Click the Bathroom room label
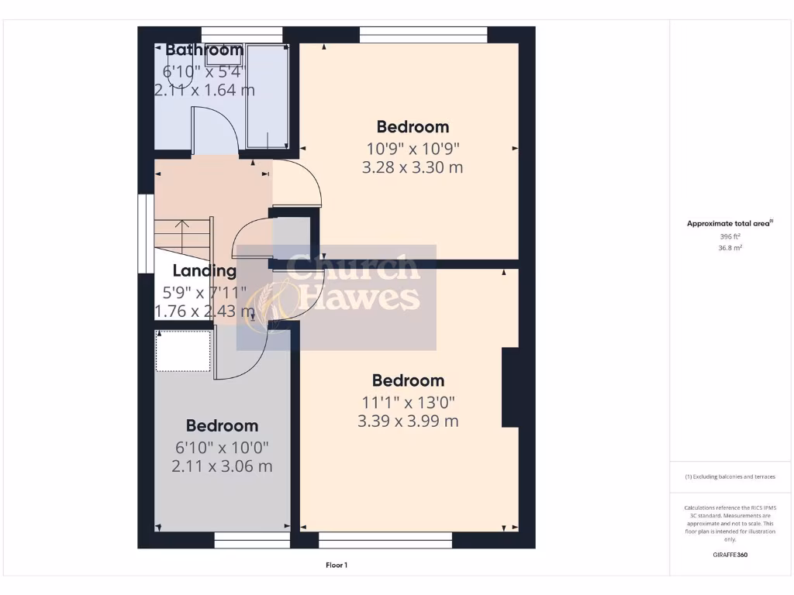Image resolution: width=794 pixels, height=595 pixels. [205, 50]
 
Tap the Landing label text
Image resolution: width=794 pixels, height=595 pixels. [204, 271]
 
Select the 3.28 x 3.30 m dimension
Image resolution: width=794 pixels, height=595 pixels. [412, 167]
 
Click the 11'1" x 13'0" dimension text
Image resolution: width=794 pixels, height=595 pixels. [408, 402]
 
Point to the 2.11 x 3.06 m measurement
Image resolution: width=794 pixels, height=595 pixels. [222, 466]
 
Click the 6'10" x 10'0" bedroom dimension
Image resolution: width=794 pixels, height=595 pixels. [222, 448]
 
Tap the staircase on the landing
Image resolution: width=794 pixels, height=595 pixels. [182, 239]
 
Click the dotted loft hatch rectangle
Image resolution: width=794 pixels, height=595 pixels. [184, 350]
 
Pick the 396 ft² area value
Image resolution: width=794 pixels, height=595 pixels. [730, 236]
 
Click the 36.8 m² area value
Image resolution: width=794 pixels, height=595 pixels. [730, 248]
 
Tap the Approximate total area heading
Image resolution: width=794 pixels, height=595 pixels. [729, 224]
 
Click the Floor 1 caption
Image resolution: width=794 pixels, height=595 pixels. [337, 566]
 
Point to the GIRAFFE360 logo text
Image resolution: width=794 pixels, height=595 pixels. [730, 555]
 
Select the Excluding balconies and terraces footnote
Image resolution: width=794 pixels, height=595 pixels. [730, 476]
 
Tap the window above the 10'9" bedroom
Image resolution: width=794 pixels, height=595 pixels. [423, 34]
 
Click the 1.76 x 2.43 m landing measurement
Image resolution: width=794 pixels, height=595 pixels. [205, 311]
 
